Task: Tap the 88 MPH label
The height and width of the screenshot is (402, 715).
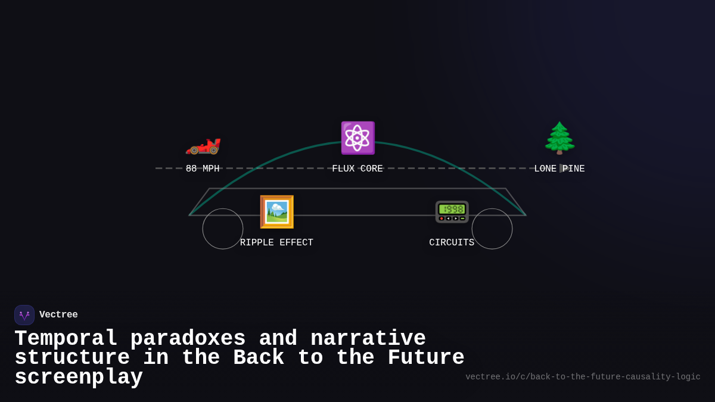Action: (203, 169)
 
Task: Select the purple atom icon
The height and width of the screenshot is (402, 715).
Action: (357, 138)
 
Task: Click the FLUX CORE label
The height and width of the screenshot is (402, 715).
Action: (357, 169)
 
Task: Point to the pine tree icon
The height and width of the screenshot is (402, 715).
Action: (559, 138)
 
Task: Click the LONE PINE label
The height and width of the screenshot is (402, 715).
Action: (559, 169)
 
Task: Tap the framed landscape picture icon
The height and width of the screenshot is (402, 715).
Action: (276, 212)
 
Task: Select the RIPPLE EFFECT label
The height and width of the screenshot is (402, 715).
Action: (276, 243)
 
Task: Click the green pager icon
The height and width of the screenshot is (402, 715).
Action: (452, 212)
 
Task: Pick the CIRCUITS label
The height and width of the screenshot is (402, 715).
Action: (452, 243)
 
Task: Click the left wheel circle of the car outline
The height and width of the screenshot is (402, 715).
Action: (223, 229)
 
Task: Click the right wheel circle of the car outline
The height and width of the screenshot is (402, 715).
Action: (492, 229)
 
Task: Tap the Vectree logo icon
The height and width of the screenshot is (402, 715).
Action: (24, 315)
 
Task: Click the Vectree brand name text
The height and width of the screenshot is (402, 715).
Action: (58, 315)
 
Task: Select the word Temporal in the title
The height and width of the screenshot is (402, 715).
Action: (66, 339)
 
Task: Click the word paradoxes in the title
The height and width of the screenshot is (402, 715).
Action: (188, 339)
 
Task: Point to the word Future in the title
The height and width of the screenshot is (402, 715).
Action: (425, 358)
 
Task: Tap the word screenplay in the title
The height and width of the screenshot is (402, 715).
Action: (79, 378)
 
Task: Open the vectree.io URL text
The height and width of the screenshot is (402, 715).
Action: (583, 377)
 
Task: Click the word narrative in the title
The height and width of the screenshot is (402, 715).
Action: (368, 339)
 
